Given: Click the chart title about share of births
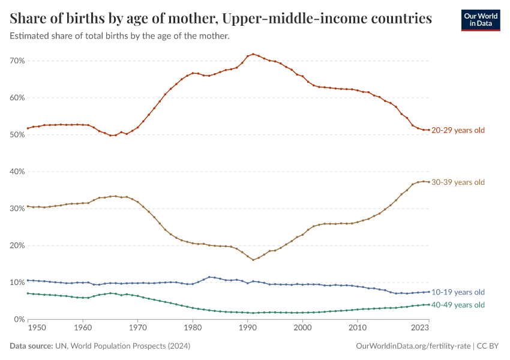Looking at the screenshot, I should [221, 19].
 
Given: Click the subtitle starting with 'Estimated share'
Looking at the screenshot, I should [120, 36].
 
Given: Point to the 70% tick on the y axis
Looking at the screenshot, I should [17, 61].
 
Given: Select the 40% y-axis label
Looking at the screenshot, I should [17, 172].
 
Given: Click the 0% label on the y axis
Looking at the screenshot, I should [19, 319].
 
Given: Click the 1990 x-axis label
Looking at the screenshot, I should [247, 328].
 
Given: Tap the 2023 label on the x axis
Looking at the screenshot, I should [420, 328].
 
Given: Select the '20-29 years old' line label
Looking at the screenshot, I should [458, 130].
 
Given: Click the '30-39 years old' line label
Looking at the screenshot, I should [458, 182].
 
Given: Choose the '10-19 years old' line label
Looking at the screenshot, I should [458, 292].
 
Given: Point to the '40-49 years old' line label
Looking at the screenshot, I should [458, 305].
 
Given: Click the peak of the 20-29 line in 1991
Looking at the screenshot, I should [253, 54].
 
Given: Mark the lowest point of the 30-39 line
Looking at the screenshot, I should [253, 260].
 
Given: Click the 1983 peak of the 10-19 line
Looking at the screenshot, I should [209, 277].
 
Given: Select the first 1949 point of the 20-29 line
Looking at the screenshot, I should [28, 128].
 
